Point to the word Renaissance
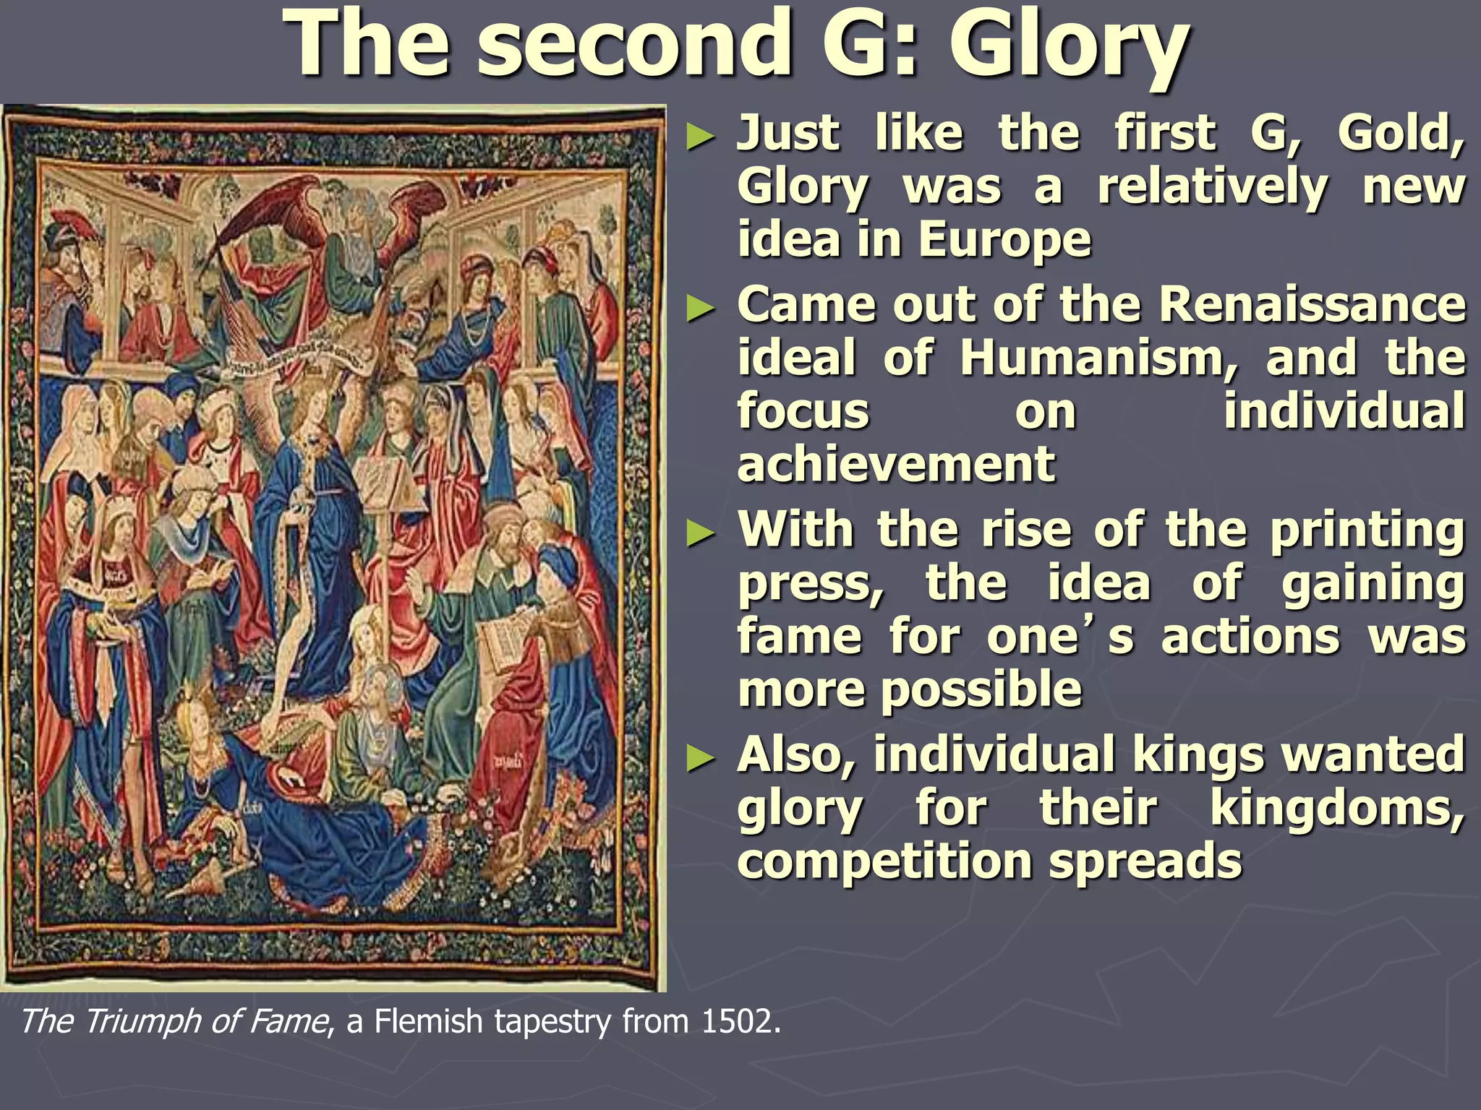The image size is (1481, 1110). tap(1312, 306)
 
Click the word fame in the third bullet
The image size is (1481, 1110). tap(800, 637)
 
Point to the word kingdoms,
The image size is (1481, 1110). tap(1337, 808)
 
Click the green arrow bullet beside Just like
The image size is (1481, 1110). tap(699, 136)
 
